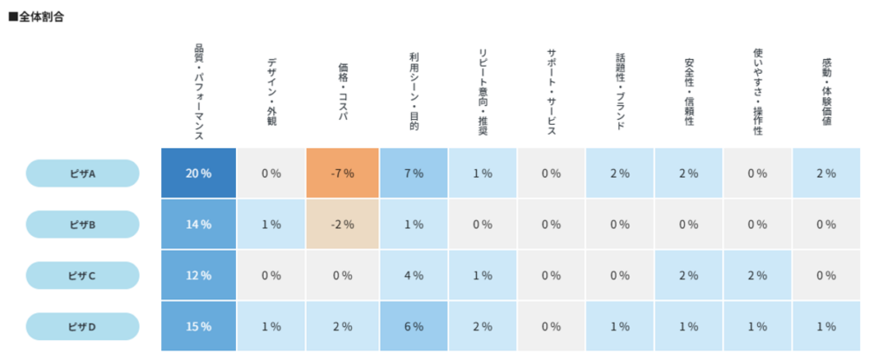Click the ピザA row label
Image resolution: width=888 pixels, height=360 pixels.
pyautogui.click(x=82, y=173)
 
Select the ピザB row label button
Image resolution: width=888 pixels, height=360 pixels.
pyautogui.click(x=82, y=225)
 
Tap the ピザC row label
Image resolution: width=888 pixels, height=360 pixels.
pyautogui.click(x=82, y=276)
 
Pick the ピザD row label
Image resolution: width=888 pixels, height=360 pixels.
pyautogui.click(x=82, y=327)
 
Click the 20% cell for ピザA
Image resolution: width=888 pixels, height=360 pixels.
pyautogui.click(x=199, y=173)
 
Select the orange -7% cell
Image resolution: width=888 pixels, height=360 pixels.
pyautogui.click(x=343, y=173)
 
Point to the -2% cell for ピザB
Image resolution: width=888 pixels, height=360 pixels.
pyautogui.click(x=343, y=225)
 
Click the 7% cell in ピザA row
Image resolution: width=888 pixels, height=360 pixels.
pyautogui.click(x=413, y=173)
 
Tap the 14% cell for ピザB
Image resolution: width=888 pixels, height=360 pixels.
pyautogui.click(x=199, y=225)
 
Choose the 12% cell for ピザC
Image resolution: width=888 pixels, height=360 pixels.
pyautogui.click(x=199, y=276)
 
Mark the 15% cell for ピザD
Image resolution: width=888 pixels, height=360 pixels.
pyautogui.click(x=199, y=327)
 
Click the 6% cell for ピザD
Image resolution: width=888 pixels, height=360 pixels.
pyautogui.click(x=413, y=327)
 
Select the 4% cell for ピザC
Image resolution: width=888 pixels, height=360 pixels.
pyautogui.click(x=413, y=276)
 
